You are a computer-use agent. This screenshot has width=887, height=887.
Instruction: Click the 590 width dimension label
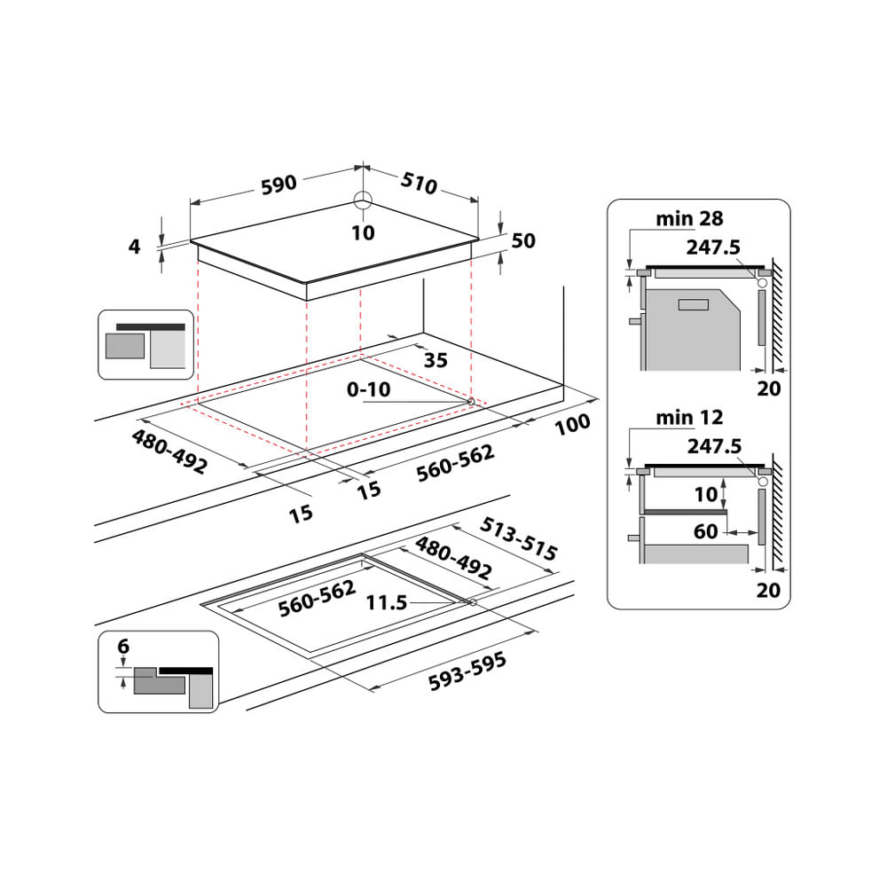278,184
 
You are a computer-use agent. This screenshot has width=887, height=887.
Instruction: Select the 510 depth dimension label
419,184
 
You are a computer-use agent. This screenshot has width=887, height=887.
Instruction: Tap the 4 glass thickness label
135,247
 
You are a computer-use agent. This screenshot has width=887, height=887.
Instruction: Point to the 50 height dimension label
523,241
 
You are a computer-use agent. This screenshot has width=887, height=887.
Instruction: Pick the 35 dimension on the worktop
436,360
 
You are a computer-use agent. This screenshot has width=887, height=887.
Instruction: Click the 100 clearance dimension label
572,425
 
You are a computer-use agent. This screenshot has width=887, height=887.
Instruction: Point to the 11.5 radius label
386,603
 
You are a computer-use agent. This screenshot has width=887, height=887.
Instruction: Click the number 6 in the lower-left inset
123,647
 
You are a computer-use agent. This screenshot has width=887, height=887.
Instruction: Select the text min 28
690,218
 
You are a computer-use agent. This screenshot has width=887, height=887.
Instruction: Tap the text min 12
690,417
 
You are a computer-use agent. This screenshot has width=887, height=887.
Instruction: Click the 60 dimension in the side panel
706,532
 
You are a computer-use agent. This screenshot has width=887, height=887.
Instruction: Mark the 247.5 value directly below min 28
714,247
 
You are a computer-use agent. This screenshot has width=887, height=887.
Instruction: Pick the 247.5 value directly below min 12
714,447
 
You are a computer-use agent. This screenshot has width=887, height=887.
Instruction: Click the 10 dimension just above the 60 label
706,494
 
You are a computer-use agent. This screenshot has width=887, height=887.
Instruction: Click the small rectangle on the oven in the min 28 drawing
692,305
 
